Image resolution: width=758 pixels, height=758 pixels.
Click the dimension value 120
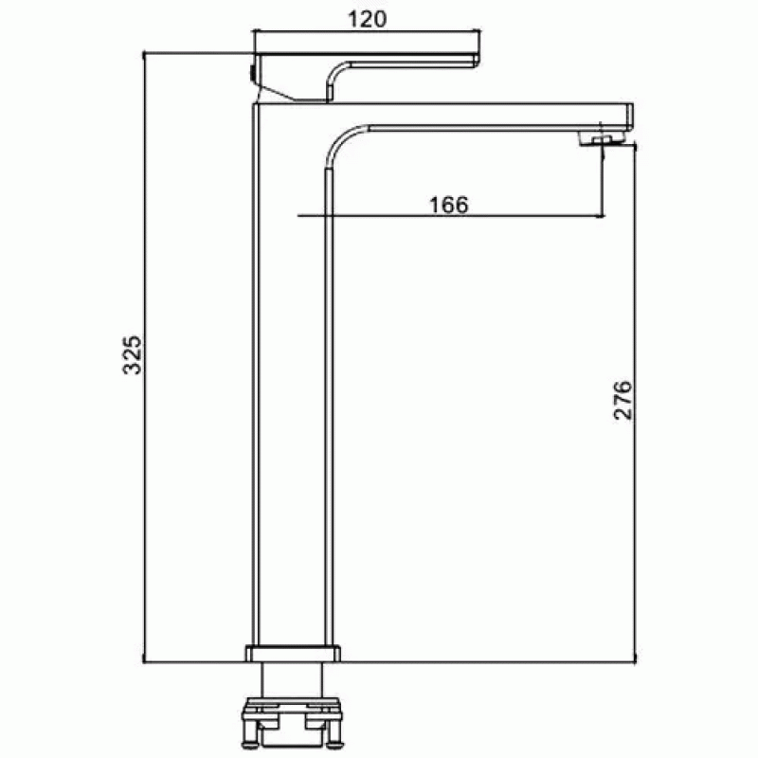(x=367, y=19)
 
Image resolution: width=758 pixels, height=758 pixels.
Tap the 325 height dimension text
(x=132, y=354)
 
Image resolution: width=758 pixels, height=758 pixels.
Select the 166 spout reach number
(x=448, y=205)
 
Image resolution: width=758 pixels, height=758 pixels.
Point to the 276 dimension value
(x=623, y=400)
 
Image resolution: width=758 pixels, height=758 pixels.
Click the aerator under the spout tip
(x=602, y=139)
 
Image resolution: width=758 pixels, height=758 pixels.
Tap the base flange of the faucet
(x=293, y=653)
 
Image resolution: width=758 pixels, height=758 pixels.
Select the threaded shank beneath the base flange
(x=292, y=679)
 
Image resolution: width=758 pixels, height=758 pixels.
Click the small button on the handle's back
(x=252, y=74)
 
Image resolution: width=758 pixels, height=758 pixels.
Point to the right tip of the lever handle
(x=478, y=60)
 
